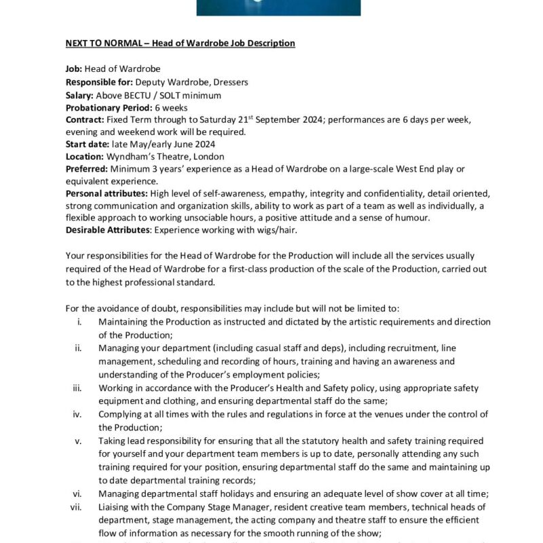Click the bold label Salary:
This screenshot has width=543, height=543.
[79, 96]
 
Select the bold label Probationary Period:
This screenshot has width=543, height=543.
[109, 108]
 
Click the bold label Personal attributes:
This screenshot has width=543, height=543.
[107, 193]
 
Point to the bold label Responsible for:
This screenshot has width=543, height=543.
[99, 83]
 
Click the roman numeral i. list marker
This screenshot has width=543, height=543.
[80, 322]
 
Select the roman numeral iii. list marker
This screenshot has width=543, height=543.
[77, 388]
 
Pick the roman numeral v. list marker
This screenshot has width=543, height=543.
[79, 440]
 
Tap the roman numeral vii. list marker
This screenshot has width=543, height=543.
[76, 506]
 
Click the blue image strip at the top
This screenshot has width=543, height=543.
[278, 7]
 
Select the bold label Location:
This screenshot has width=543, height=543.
[85, 156]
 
